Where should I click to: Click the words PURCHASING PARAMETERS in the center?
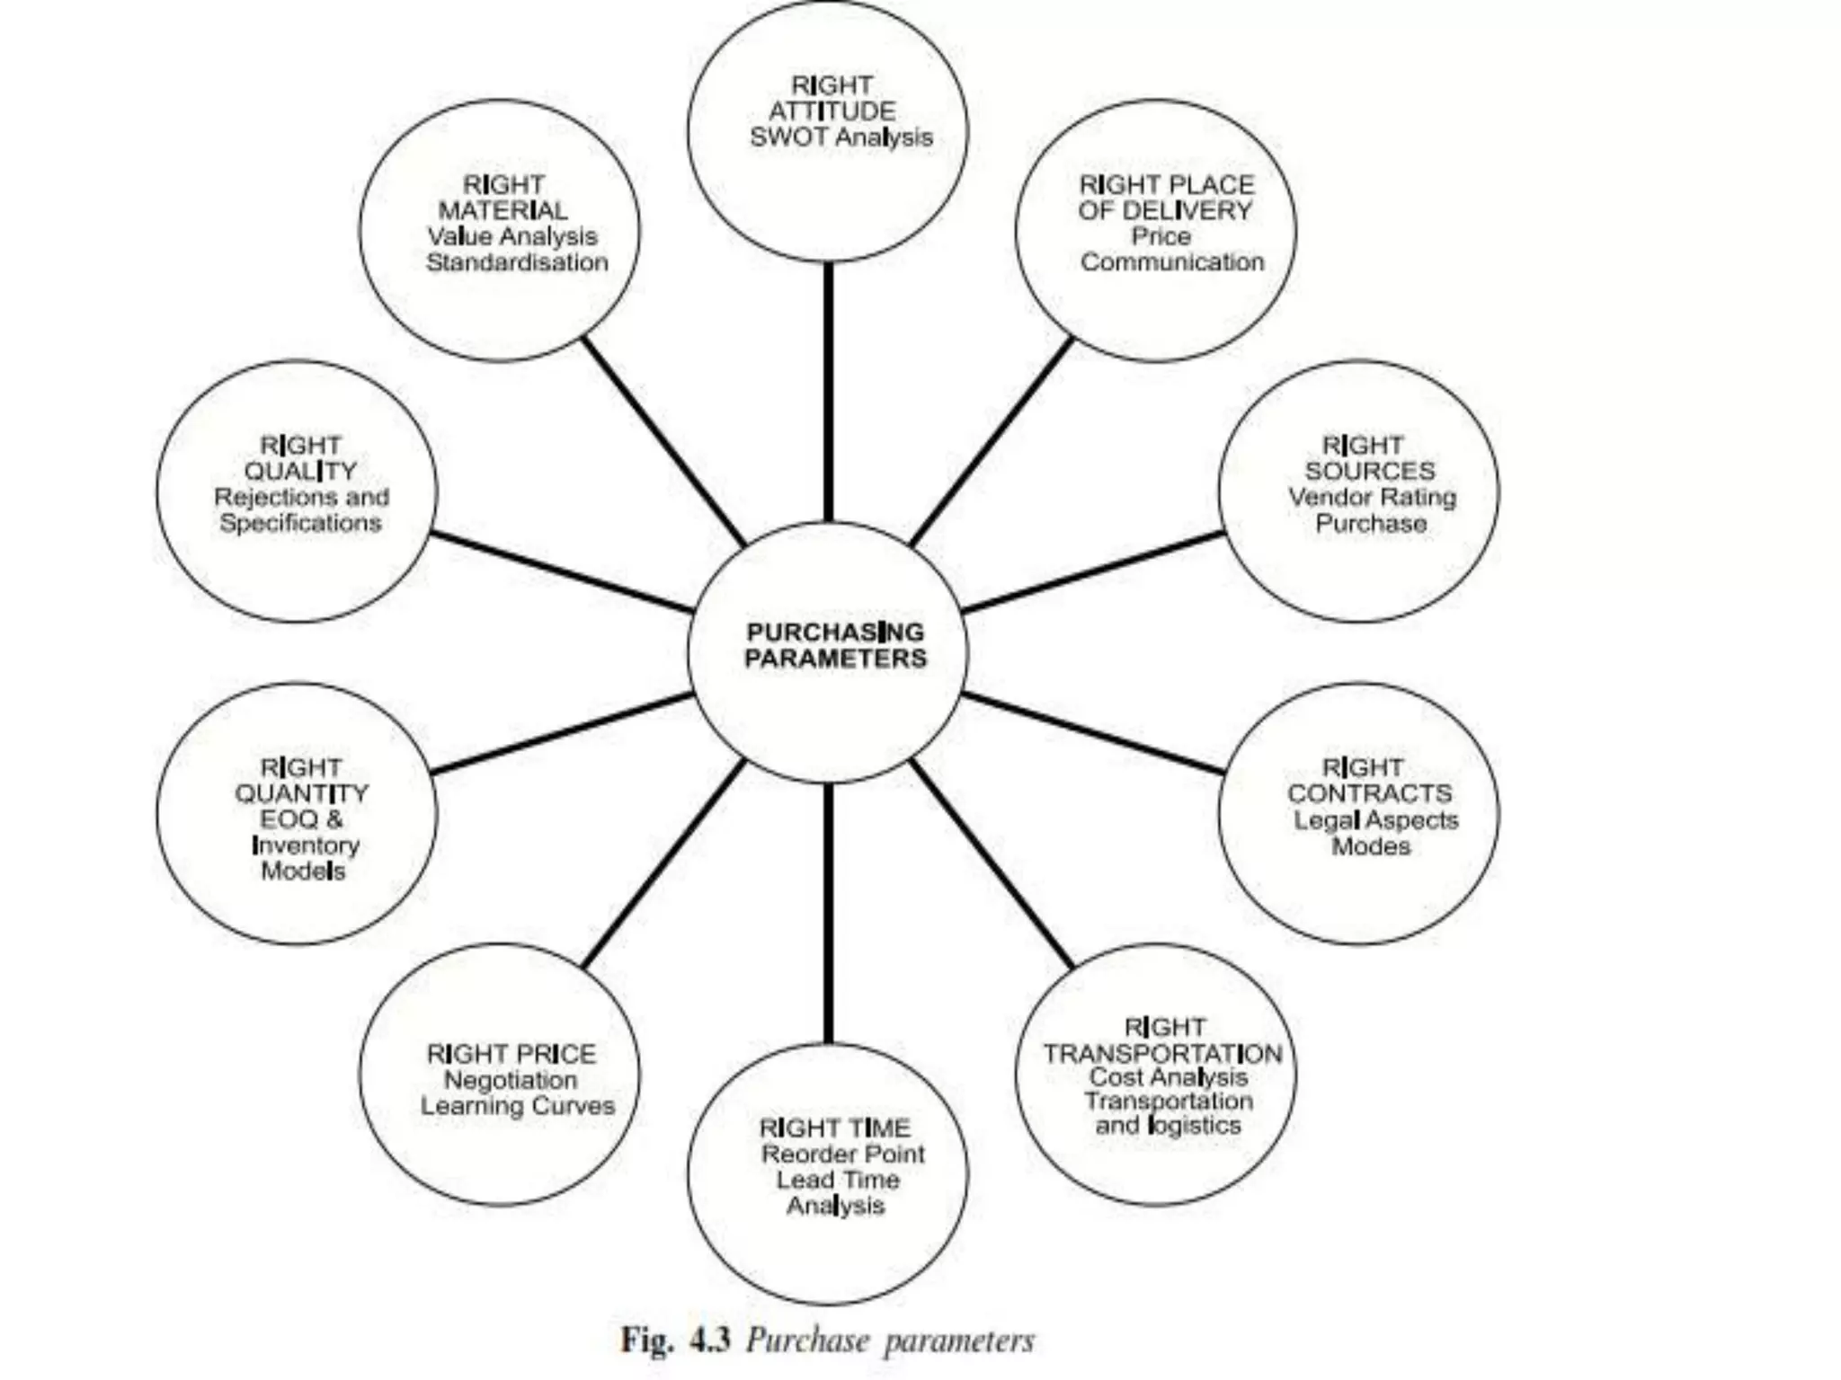(835, 645)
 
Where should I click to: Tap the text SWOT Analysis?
(841, 137)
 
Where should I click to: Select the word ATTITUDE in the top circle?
(832, 111)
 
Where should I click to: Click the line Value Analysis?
(512, 236)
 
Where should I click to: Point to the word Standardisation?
(517, 262)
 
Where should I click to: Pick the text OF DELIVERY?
(1165, 210)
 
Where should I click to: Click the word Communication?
(1172, 262)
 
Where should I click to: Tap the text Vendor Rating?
(1372, 497)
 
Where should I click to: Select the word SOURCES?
(1370, 471)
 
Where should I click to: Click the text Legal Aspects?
(1375, 820)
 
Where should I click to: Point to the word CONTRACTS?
(1369, 793)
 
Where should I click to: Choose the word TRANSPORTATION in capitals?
(1162, 1053)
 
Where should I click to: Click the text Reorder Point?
(842, 1154)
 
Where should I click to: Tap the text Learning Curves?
(518, 1106)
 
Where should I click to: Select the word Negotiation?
(511, 1080)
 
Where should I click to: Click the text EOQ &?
(301, 819)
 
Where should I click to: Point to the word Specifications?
(300, 523)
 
